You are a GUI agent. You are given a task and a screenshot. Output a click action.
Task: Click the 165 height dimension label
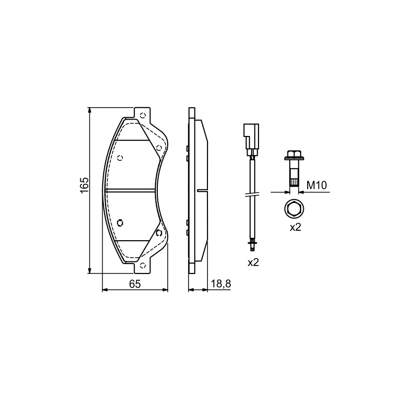84,185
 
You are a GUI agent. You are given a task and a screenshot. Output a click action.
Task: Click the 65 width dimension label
134,284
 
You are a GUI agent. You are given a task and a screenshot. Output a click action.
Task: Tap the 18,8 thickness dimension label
221,284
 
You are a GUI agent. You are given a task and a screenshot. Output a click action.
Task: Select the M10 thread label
317,185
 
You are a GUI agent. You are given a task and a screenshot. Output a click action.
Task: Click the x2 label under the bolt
295,227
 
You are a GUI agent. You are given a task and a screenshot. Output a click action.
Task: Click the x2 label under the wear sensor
253,263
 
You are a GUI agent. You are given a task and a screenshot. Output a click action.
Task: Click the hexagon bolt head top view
294,208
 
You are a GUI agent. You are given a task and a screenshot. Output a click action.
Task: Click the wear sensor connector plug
251,139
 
